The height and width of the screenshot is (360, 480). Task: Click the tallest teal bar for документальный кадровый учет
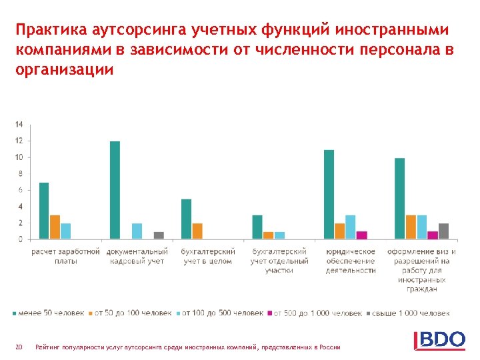(x=115, y=190)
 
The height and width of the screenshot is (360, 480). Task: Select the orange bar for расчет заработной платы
(x=55, y=227)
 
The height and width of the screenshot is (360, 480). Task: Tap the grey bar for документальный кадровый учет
(x=159, y=235)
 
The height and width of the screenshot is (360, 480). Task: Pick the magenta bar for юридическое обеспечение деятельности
(x=361, y=235)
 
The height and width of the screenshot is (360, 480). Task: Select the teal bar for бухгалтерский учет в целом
(x=186, y=219)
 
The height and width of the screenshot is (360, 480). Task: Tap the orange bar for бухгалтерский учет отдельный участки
(x=268, y=235)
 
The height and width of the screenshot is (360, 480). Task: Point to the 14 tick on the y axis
(x=19, y=125)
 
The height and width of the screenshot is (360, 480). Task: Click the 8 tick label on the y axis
(x=20, y=174)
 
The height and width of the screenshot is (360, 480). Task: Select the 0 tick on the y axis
(x=20, y=239)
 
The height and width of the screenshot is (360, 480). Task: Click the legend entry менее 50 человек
(x=50, y=313)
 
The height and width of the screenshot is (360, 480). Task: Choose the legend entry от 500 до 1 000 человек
(x=314, y=313)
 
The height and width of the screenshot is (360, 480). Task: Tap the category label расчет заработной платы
(x=65, y=256)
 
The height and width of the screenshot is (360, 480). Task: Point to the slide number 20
(x=19, y=347)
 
